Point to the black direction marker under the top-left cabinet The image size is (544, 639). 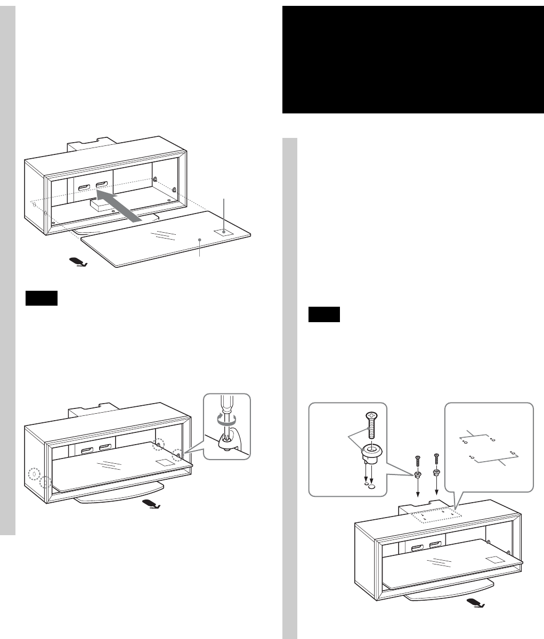pyautogui.click(x=78, y=262)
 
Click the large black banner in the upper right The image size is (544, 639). pyautogui.click(x=412, y=60)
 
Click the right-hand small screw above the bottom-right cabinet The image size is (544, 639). pyautogui.click(x=436, y=458)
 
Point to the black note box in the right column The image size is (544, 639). pyautogui.click(x=324, y=315)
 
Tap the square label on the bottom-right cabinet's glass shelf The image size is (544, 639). pyautogui.click(x=495, y=560)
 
